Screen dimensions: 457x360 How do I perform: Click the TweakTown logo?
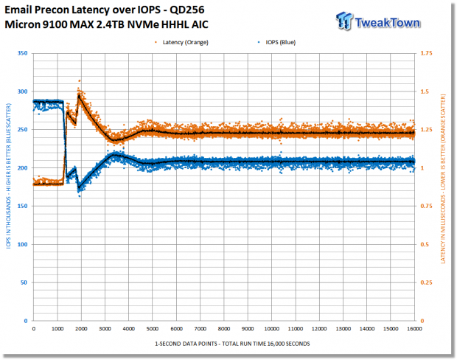coord(378,21)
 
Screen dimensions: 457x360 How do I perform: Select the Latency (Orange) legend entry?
coord(182,42)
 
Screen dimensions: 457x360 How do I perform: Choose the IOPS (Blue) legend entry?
coord(277,42)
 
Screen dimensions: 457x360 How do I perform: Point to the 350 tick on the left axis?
coord(22,53)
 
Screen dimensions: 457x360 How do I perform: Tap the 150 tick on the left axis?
coord(22,206)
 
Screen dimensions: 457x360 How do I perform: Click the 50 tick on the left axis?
coord(24,283)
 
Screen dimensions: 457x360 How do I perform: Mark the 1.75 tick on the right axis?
coord(426,53)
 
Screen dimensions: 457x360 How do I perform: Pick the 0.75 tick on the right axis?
coord(426,206)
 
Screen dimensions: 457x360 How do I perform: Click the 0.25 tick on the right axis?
coord(426,283)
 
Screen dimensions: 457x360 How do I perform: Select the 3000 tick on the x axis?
coord(105,329)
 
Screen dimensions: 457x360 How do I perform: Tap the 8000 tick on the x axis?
coord(224,329)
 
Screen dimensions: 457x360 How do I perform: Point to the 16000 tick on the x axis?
coord(414,329)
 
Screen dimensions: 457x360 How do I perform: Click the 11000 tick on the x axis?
coord(296,329)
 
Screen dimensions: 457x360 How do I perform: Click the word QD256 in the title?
coord(186,10)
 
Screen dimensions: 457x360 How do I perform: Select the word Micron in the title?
coord(22,24)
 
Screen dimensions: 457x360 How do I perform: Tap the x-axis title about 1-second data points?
coord(232,344)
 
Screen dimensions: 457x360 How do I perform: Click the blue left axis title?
coord(8,176)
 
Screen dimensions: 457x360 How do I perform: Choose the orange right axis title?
coord(443,179)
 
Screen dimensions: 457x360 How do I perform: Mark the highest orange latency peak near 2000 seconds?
coord(80,81)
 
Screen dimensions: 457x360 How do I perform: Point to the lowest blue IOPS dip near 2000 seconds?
coord(80,196)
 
